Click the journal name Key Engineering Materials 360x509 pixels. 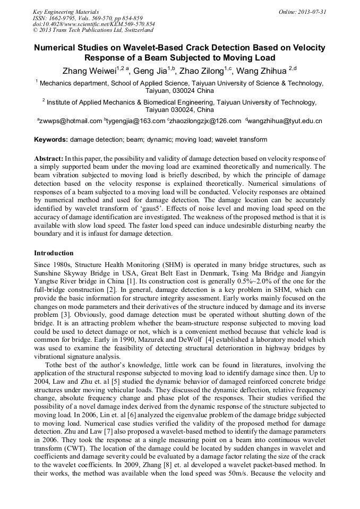[x=65, y=11]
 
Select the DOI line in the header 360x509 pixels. [x=94, y=24]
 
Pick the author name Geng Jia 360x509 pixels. [x=150, y=71]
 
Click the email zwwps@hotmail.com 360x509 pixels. [x=70, y=121]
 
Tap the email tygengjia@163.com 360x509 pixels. [x=136, y=121]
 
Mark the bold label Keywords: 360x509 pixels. [x=51, y=140]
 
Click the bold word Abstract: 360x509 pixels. [x=48, y=159]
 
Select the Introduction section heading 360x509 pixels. [x=54, y=253]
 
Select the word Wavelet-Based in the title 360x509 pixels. [x=159, y=48]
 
